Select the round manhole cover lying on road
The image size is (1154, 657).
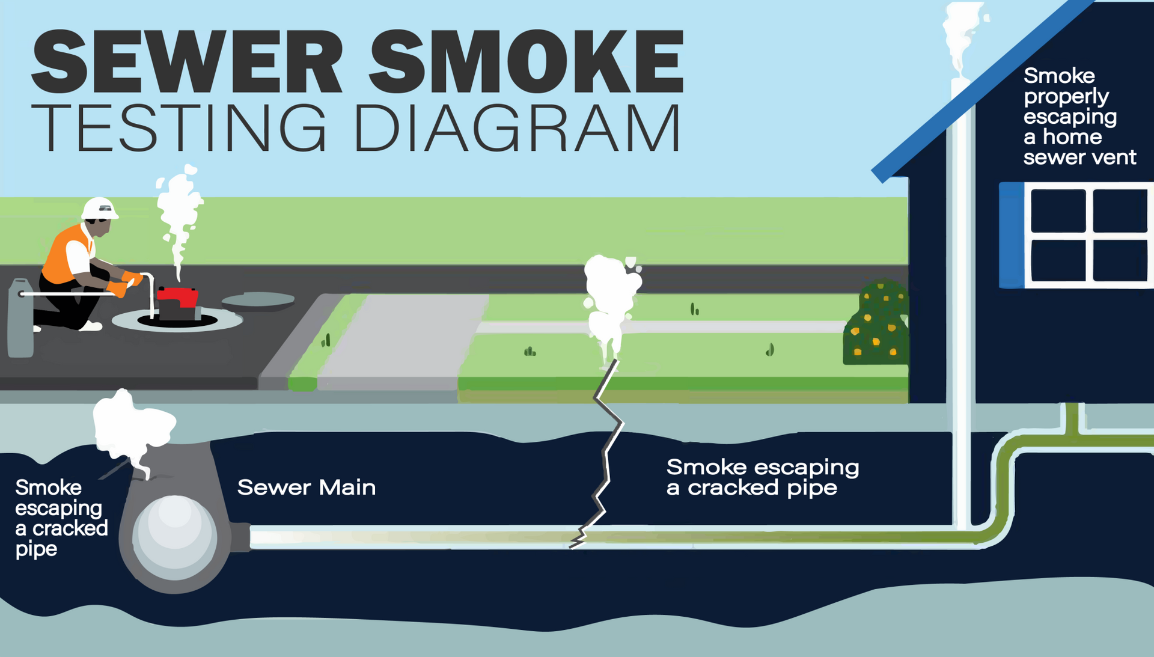[258, 299]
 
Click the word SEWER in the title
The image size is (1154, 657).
[186, 61]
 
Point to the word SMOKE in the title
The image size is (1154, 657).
[526, 61]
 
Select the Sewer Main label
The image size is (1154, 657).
[306, 487]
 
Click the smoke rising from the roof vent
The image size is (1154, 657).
[962, 36]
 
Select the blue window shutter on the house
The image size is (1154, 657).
[1012, 235]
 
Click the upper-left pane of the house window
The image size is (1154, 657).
[1058, 210]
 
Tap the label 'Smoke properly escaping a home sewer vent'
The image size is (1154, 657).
[1079, 117]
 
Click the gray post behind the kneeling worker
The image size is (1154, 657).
[20, 319]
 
